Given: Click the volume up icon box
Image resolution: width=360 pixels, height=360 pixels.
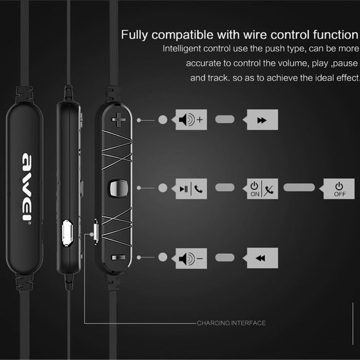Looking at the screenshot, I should click(191, 120).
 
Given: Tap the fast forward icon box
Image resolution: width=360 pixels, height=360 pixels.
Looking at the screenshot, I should click(262, 120).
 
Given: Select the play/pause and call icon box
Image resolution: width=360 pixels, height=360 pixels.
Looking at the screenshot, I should click(191, 189).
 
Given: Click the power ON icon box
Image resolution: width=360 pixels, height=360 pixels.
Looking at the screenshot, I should click(261, 189).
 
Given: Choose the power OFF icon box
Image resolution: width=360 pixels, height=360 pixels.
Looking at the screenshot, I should click(338, 189).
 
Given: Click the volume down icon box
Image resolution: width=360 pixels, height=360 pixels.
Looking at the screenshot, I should click(191, 258).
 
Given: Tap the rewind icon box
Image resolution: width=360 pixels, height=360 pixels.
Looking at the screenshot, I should click(262, 258).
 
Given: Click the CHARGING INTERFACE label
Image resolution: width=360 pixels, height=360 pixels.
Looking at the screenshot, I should click(231, 323).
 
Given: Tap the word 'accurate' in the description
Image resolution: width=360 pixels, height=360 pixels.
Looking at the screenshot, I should click(202, 64).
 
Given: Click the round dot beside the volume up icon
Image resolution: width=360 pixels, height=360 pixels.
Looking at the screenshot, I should click(163, 120).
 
